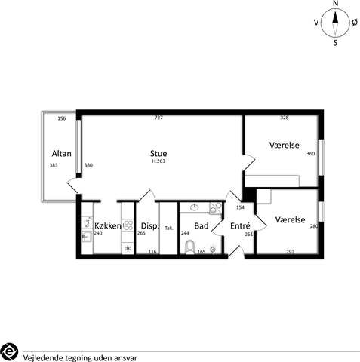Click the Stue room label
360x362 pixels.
[x=158, y=153]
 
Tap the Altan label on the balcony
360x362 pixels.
[x=62, y=153]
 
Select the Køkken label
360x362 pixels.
[x=108, y=225]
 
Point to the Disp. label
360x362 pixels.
[x=150, y=226]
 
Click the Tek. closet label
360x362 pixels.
[x=169, y=229]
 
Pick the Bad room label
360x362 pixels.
[x=202, y=225]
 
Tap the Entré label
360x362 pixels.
[x=240, y=225]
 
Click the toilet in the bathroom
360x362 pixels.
[x=190, y=247]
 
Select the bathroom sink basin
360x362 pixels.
[x=194, y=207]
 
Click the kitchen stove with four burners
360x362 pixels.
[x=128, y=225]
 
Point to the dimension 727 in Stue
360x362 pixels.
[x=158, y=118]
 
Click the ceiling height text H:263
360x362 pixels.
[x=158, y=161]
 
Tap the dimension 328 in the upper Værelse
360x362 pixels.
[x=285, y=118]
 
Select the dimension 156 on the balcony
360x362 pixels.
[x=62, y=118]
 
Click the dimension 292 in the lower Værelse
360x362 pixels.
[x=291, y=251]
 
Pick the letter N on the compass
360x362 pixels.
[x=335, y=3]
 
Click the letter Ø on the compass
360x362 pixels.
[x=355, y=23]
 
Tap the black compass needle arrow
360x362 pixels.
[x=335, y=17]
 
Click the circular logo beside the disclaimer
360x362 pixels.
[x=9, y=351]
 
